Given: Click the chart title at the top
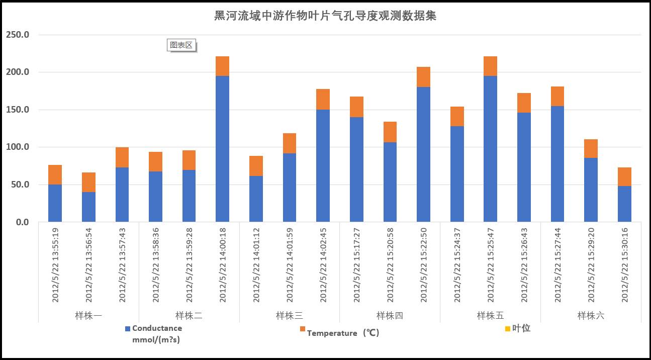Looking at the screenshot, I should (325, 16).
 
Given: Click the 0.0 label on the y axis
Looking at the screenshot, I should (22, 222).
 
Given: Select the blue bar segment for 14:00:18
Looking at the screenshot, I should (222, 149).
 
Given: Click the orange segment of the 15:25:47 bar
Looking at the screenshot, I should (490, 66).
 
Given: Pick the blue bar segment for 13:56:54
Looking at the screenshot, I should (88, 207).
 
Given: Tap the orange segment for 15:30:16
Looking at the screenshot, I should (624, 176).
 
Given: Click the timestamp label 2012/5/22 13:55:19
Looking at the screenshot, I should (55, 265).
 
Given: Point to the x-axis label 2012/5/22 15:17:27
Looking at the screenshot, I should (357, 265).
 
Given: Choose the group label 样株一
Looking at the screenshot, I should (88, 316).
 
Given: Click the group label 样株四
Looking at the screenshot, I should (390, 316).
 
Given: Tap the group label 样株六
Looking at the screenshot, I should (591, 316).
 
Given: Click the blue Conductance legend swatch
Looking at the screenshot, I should (128, 328).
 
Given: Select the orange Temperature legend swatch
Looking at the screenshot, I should (303, 329).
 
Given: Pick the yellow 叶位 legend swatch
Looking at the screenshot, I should (508, 329).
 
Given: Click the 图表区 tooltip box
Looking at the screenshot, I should (181, 45).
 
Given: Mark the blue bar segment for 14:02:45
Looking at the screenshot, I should (323, 166).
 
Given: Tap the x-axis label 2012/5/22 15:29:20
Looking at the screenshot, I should (591, 265).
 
